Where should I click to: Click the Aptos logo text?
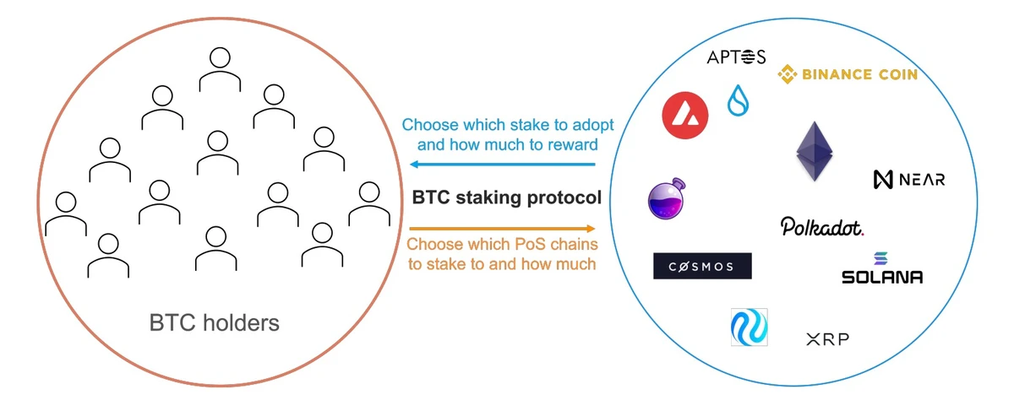tap(736, 57)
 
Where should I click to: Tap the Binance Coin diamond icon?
tap(788, 75)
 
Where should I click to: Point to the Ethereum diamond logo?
tap(815, 151)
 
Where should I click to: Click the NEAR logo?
tap(909, 179)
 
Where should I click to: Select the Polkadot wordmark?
tap(822, 227)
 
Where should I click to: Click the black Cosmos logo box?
tap(702, 266)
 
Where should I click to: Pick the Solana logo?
tap(882, 269)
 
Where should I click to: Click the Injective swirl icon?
tap(750, 327)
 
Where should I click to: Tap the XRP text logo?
tap(827, 339)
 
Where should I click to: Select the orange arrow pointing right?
tap(503, 228)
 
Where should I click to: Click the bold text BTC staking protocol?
tap(507, 198)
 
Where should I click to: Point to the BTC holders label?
tap(214, 322)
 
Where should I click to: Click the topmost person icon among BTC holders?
tap(219, 69)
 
